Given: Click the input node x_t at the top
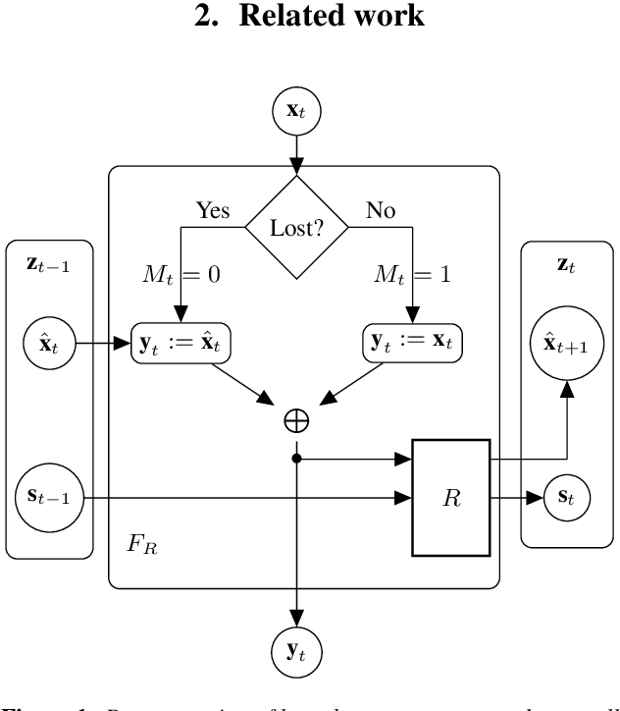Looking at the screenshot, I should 295,109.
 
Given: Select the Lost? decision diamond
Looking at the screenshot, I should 296,229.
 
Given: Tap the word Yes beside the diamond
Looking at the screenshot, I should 214,209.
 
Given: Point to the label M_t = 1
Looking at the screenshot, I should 412,276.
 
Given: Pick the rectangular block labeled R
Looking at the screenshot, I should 450,498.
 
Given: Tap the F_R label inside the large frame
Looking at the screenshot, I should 143,543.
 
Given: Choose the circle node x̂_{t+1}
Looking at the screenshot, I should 568,343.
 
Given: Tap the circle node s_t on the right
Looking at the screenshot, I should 568,498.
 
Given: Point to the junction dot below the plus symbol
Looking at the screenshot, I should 296,457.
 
